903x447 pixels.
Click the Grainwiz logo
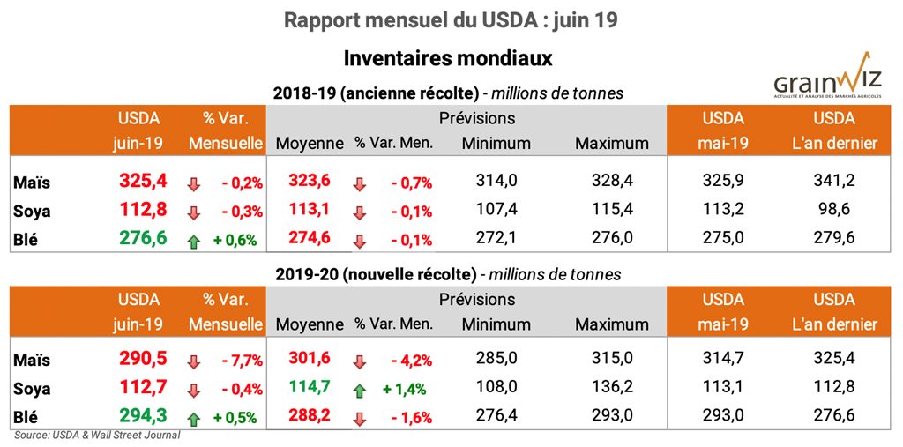(x=827, y=78)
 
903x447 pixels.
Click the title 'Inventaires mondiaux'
(x=448, y=58)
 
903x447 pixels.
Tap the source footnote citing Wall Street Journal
(x=97, y=435)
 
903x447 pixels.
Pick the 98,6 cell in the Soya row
(x=833, y=211)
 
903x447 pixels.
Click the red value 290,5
(x=143, y=360)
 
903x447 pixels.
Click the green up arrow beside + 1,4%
(x=359, y=390)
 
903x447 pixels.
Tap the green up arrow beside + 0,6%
(x=194, y=240)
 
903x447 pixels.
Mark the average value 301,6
(x=310, y=360)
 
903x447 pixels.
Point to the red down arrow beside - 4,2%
(x=359, y=361)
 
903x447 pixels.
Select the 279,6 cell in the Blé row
(x=833, y=240)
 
